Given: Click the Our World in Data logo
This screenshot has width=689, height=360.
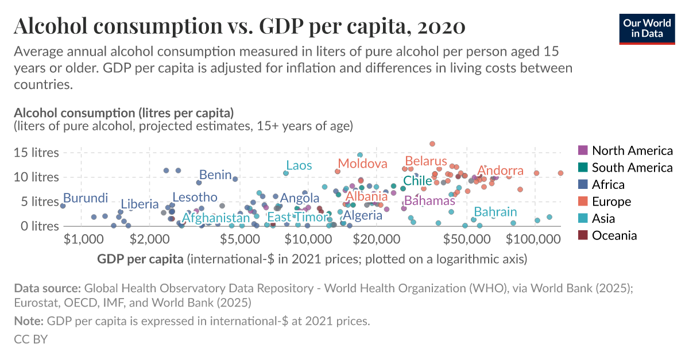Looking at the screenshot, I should (x=647, y=28).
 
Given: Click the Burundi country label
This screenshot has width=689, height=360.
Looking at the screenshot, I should (x=86, y=198).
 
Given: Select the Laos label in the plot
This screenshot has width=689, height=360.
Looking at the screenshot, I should (x=299, y=166).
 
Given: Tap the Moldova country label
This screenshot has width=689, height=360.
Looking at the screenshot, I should (x=362, y=164).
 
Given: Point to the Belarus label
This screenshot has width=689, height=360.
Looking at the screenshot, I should (x=425, y=161).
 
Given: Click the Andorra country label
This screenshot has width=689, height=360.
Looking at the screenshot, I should (x=501, y=171).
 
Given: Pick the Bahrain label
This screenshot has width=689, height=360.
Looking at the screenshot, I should (x=495, y=212).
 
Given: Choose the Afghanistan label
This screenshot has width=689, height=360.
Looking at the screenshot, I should (x=216, y=218).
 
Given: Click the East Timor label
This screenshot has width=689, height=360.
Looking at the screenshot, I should (x=296, y=218).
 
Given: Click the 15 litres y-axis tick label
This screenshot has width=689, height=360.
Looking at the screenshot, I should (x=36, y=153).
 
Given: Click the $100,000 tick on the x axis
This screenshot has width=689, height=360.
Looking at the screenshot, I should (x=535, y=238).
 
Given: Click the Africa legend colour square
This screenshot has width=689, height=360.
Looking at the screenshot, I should (x=583, y=184).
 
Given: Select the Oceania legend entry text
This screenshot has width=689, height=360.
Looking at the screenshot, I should (x=614, y=235).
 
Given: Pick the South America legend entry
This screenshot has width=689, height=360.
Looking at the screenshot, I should (x=632, y=168).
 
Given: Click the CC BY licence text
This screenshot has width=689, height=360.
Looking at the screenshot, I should (x=30, y=339).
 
